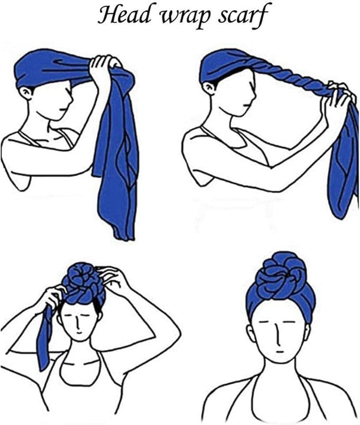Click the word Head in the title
(x=125, y=14)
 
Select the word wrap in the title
(x=185, y=17)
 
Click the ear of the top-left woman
(x=27, y=93)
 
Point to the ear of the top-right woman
(x=209, y=89)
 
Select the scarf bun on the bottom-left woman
(x=83, y=282)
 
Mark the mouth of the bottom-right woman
(x=280, y=352)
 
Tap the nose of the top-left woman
(x=71, y=97)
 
